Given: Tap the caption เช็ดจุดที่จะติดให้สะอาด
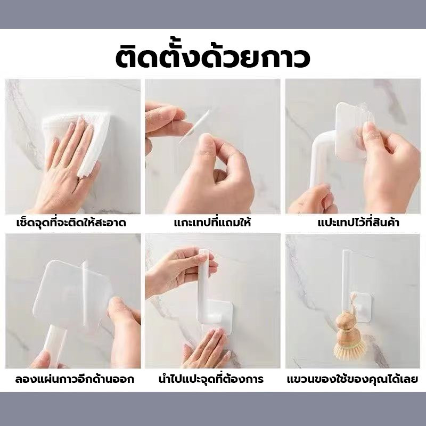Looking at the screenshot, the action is pos(71,223).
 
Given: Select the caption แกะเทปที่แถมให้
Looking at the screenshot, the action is pos(212,223).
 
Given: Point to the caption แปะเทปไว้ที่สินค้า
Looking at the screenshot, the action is pos(358,223).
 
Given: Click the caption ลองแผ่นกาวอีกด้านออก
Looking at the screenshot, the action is pos(75,379).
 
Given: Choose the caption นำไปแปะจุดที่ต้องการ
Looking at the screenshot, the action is pos(211,379).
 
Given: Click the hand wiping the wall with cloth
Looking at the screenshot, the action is pos(67,168).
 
